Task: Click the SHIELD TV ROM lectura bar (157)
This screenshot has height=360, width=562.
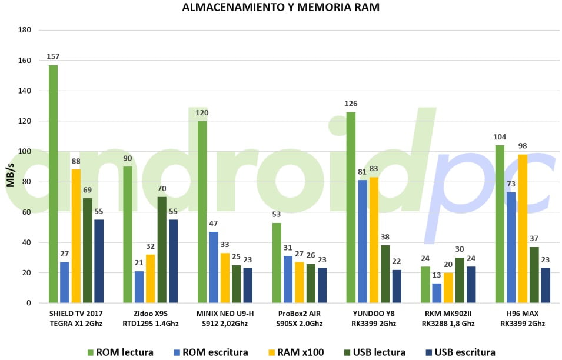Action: (x=53, y=184)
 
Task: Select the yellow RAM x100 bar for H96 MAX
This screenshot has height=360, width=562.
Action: (x=523, y=229)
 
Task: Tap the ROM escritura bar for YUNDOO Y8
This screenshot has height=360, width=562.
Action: (x=363, y=241)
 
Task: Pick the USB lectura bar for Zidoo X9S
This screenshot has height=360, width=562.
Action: (x=162, y=249)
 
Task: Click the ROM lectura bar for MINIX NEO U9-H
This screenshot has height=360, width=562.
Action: (x=202, y=212)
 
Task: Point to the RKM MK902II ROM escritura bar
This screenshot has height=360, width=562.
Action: (x=437, y=293)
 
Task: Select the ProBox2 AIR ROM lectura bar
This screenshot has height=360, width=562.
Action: (x=277, y=262)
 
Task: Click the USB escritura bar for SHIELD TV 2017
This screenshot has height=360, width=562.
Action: (x=99, y=261)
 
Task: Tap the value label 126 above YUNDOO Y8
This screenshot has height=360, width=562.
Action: (x=351, y=104)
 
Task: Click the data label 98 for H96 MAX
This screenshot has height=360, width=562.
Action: (x=523, y=146)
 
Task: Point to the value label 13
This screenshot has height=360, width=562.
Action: (x=437, y=275)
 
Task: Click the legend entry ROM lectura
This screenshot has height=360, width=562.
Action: (x=121, y=352)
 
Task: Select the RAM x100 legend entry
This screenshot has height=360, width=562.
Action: (x=296, y=352)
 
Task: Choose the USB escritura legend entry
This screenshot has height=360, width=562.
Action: (x=461, y=352)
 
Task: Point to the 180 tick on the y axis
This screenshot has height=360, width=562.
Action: (x=25, y=30)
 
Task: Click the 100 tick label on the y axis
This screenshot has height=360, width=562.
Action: (x=25, y=152)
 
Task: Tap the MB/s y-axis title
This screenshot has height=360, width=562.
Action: (x=11, y=175)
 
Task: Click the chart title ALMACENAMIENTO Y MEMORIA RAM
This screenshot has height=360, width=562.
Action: (x=281, y=7)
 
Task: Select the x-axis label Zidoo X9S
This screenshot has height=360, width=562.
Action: (x=151, y=314)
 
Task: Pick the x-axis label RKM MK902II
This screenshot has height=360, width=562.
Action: (x=448, y=314)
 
